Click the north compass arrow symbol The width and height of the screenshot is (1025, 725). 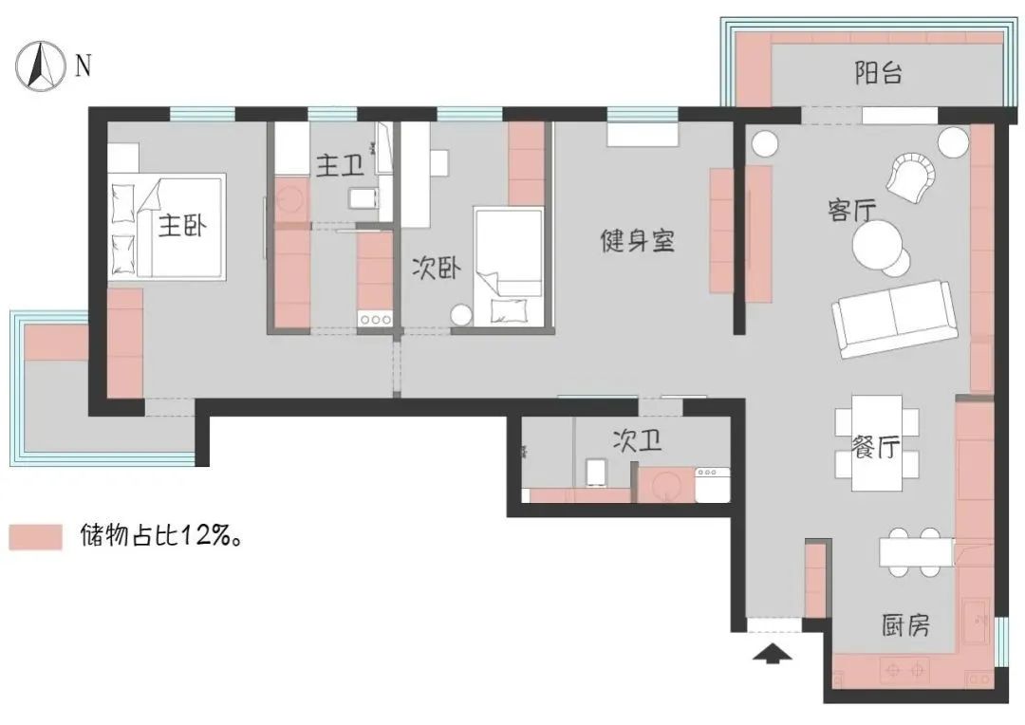(x=39, y=67)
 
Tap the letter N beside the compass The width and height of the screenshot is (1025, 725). (x=84, y=65)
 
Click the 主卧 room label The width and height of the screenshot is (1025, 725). (x=182, y=226)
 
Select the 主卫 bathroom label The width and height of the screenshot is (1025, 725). (x=340, y=167)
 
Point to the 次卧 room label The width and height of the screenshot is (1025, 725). (x=436, y=269)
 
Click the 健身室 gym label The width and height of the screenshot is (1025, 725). (x=637, y=240)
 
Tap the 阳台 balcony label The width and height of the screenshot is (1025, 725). (x=878, y=74)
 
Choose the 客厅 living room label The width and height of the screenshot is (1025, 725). (x=851, y=211)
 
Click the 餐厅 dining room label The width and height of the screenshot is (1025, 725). (x=874, y=449)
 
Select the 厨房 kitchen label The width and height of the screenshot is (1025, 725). (x=904, y=625)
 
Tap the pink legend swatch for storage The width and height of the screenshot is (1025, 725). (x=35, y=536)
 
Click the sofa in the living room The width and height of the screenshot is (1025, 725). (x=893, y=318)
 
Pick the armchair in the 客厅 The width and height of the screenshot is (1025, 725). (x=913, y=177)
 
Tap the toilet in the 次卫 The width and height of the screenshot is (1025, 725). (x=597, y=471)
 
